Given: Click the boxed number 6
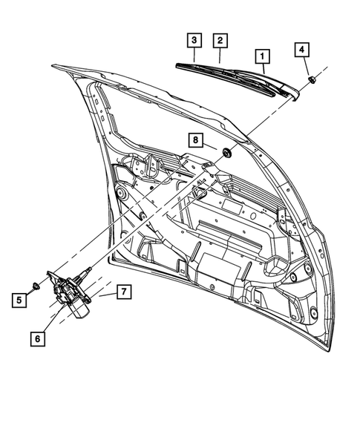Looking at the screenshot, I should point(36,338).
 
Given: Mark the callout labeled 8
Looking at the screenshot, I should point(195,139).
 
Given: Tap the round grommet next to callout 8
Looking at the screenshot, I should point(226,153).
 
